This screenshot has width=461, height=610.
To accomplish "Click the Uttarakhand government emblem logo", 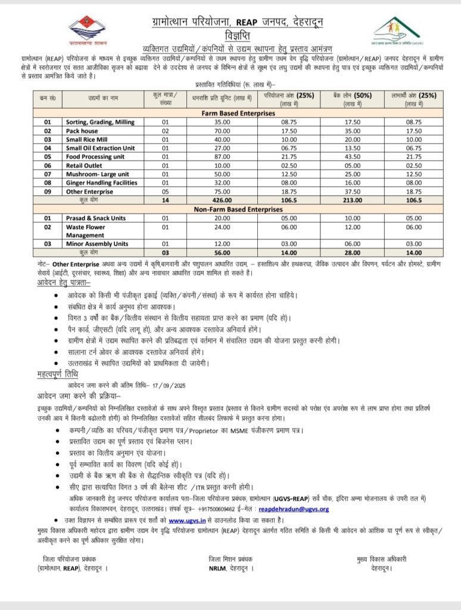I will pos(84,30).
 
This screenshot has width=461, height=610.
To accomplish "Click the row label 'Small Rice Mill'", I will pos(89,139).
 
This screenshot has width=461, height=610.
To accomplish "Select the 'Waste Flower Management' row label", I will pos(86,231).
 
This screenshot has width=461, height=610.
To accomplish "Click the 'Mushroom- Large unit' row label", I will pos(96,175).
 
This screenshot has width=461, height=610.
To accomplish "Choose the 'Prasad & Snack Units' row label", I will pos(96,218).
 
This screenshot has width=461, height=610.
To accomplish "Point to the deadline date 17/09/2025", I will pos(172,384).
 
